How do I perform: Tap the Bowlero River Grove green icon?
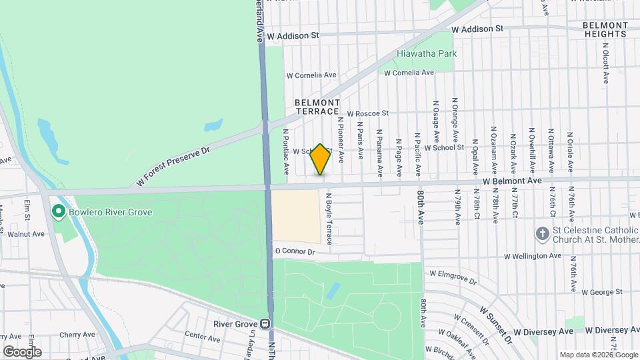coord(58,213)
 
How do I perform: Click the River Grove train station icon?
coord(265,325)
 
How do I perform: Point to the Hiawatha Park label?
coord(427,53)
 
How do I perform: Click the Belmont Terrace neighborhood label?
coord(317,107)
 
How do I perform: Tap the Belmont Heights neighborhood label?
coord(605,29)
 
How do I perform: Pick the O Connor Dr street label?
coord(294,251)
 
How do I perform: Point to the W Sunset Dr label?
coord(495,325)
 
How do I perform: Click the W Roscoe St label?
coord(367,114)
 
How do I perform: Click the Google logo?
coord(22,351)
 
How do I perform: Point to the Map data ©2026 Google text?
coord(598,355)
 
